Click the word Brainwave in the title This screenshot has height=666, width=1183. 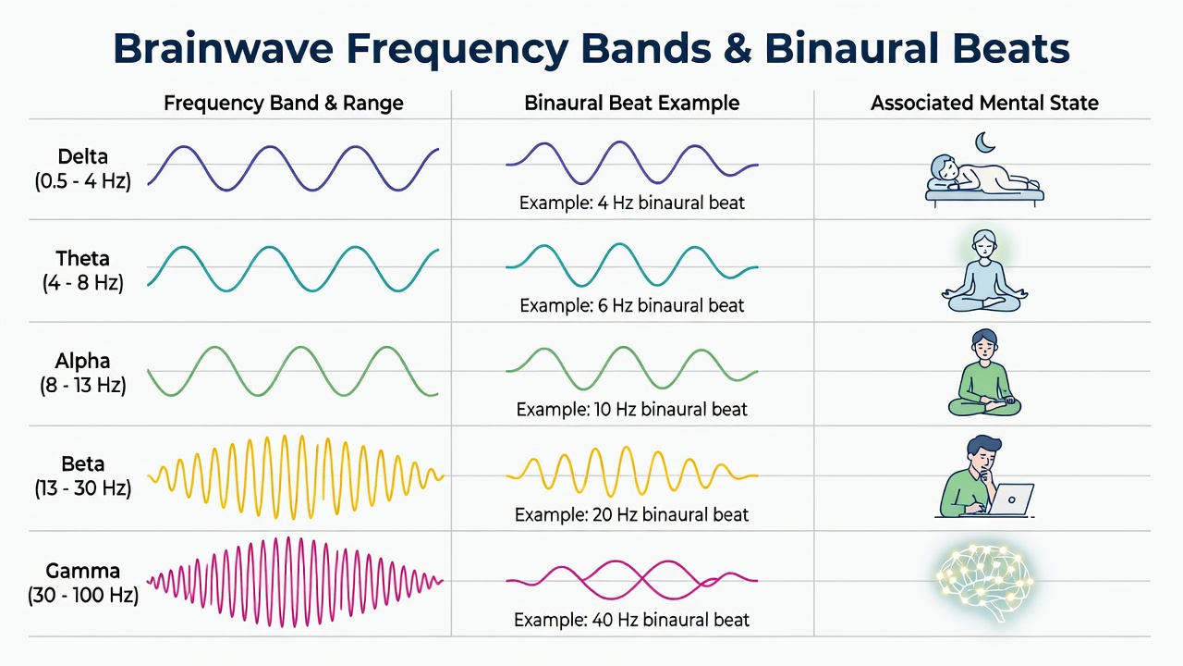click(x=224, y=49)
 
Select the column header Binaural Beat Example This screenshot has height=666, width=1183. click(x=631, y=103)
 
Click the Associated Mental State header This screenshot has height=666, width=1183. click(x=984, y=103)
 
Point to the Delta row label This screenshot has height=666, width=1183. click(x=83, y=157)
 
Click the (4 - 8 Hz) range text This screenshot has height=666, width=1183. click(x=83, y=283)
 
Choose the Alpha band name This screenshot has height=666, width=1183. click(x=83, y=361)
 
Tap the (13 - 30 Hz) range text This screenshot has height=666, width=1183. click(x=83, y=487)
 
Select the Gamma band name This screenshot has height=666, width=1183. click(x=83, y=571)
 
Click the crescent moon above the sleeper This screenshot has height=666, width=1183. click(x=983, y=142)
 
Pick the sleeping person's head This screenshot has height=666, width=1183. click(x=944, y=168)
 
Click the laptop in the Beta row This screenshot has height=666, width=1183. click(x=1010, y=499)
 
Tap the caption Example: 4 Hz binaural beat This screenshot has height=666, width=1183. click(x=631, y=203)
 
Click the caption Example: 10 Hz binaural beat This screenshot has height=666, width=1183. click(x=631, y=410)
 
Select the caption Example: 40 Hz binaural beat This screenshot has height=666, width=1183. click(x=631, y=620)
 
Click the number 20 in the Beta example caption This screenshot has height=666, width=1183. click(x=603, y=515)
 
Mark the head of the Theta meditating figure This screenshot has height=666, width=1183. click(x=984, y=244)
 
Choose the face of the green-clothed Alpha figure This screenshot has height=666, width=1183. click(x=984, y=348)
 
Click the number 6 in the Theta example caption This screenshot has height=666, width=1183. click(x=603, y=305)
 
